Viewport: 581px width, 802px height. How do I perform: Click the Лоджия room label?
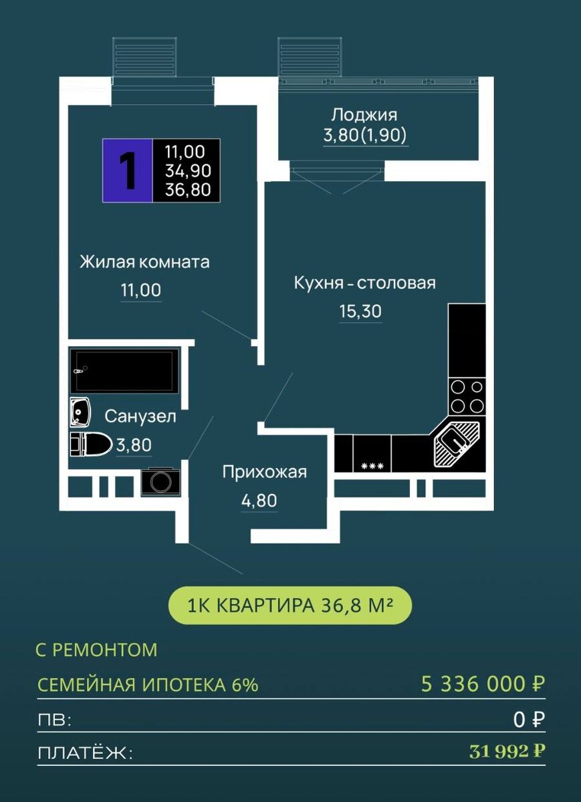364,115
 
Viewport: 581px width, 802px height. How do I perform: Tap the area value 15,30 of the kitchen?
360,311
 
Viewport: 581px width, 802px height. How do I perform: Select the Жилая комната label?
144,262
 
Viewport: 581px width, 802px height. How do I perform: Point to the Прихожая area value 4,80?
259,500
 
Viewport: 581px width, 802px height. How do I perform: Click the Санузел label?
140,416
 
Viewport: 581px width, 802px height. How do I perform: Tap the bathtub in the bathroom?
124,370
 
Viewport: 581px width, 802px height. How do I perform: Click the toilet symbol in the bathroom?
90,444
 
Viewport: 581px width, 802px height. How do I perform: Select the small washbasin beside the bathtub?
80,412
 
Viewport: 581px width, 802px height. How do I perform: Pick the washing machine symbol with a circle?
160,482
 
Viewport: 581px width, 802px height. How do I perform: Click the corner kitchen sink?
457,444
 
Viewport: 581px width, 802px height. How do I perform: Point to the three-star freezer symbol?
372,466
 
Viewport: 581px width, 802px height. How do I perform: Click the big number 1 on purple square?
128,170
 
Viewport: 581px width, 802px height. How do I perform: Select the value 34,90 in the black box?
188,171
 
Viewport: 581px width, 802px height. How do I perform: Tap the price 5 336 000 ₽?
483,684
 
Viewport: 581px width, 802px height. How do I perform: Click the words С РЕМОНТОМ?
97,650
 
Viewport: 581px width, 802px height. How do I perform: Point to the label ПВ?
54,720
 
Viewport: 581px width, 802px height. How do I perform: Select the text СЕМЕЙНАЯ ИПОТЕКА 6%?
148,684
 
